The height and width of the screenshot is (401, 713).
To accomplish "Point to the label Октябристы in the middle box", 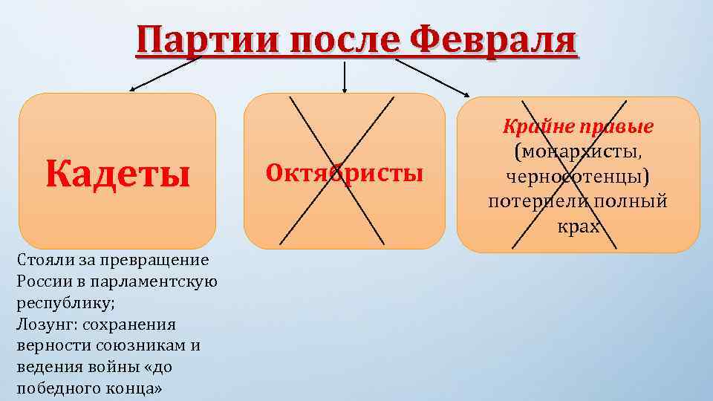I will point(344,174).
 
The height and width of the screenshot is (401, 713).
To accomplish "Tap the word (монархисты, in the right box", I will point(578,152).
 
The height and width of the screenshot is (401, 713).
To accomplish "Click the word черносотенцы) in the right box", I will point(578,177).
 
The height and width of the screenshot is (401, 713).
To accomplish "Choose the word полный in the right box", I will point(631,202).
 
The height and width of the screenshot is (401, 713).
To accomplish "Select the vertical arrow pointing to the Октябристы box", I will point(344,76).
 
